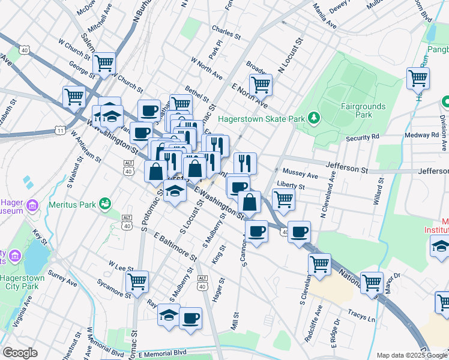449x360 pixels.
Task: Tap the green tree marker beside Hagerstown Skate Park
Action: coord(312,117)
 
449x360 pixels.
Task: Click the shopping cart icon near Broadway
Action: coord(261,85)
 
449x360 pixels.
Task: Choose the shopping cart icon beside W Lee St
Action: coord(137,280)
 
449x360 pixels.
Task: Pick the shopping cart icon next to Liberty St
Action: coord(283,199)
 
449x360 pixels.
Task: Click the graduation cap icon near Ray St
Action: coord(169,314)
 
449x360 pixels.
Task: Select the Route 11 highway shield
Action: coord(59,130)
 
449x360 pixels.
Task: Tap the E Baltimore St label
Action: coord(175,247)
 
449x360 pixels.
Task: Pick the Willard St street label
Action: coord(378,191)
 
